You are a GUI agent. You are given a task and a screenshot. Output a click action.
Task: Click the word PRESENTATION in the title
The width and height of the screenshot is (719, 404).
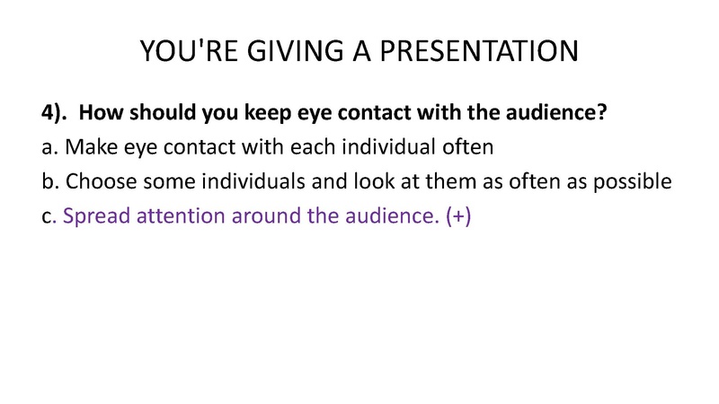[479, 51]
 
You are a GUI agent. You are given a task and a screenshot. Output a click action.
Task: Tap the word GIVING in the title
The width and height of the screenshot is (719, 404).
[296, 51]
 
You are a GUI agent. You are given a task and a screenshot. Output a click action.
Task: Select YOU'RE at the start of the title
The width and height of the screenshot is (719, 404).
[189, 51]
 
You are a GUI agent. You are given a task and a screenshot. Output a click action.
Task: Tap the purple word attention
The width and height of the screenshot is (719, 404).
[181, 215]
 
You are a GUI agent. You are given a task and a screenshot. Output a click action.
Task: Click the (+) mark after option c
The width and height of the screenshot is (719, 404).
[458, 216]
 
